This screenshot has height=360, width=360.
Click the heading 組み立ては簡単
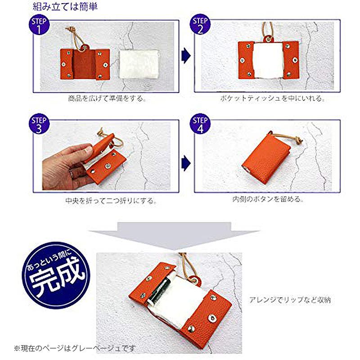65,6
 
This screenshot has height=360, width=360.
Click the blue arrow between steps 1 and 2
186,56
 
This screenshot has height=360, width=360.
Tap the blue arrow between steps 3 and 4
186,163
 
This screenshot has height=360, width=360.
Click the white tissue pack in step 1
139,64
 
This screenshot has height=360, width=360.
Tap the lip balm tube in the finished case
158,291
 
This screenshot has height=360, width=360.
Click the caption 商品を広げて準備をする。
107,99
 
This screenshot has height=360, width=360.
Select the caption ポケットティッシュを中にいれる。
272,98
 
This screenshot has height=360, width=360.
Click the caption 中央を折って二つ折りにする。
111,201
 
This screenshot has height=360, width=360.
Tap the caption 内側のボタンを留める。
268,199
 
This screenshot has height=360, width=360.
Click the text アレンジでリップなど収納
290,300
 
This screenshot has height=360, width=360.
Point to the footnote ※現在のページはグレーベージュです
75,348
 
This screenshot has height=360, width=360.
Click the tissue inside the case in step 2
268,60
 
